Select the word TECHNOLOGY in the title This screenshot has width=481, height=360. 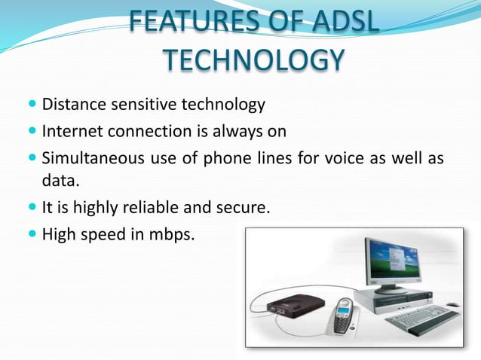(x=253, y=59)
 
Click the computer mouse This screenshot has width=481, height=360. (x=452, y=306)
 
